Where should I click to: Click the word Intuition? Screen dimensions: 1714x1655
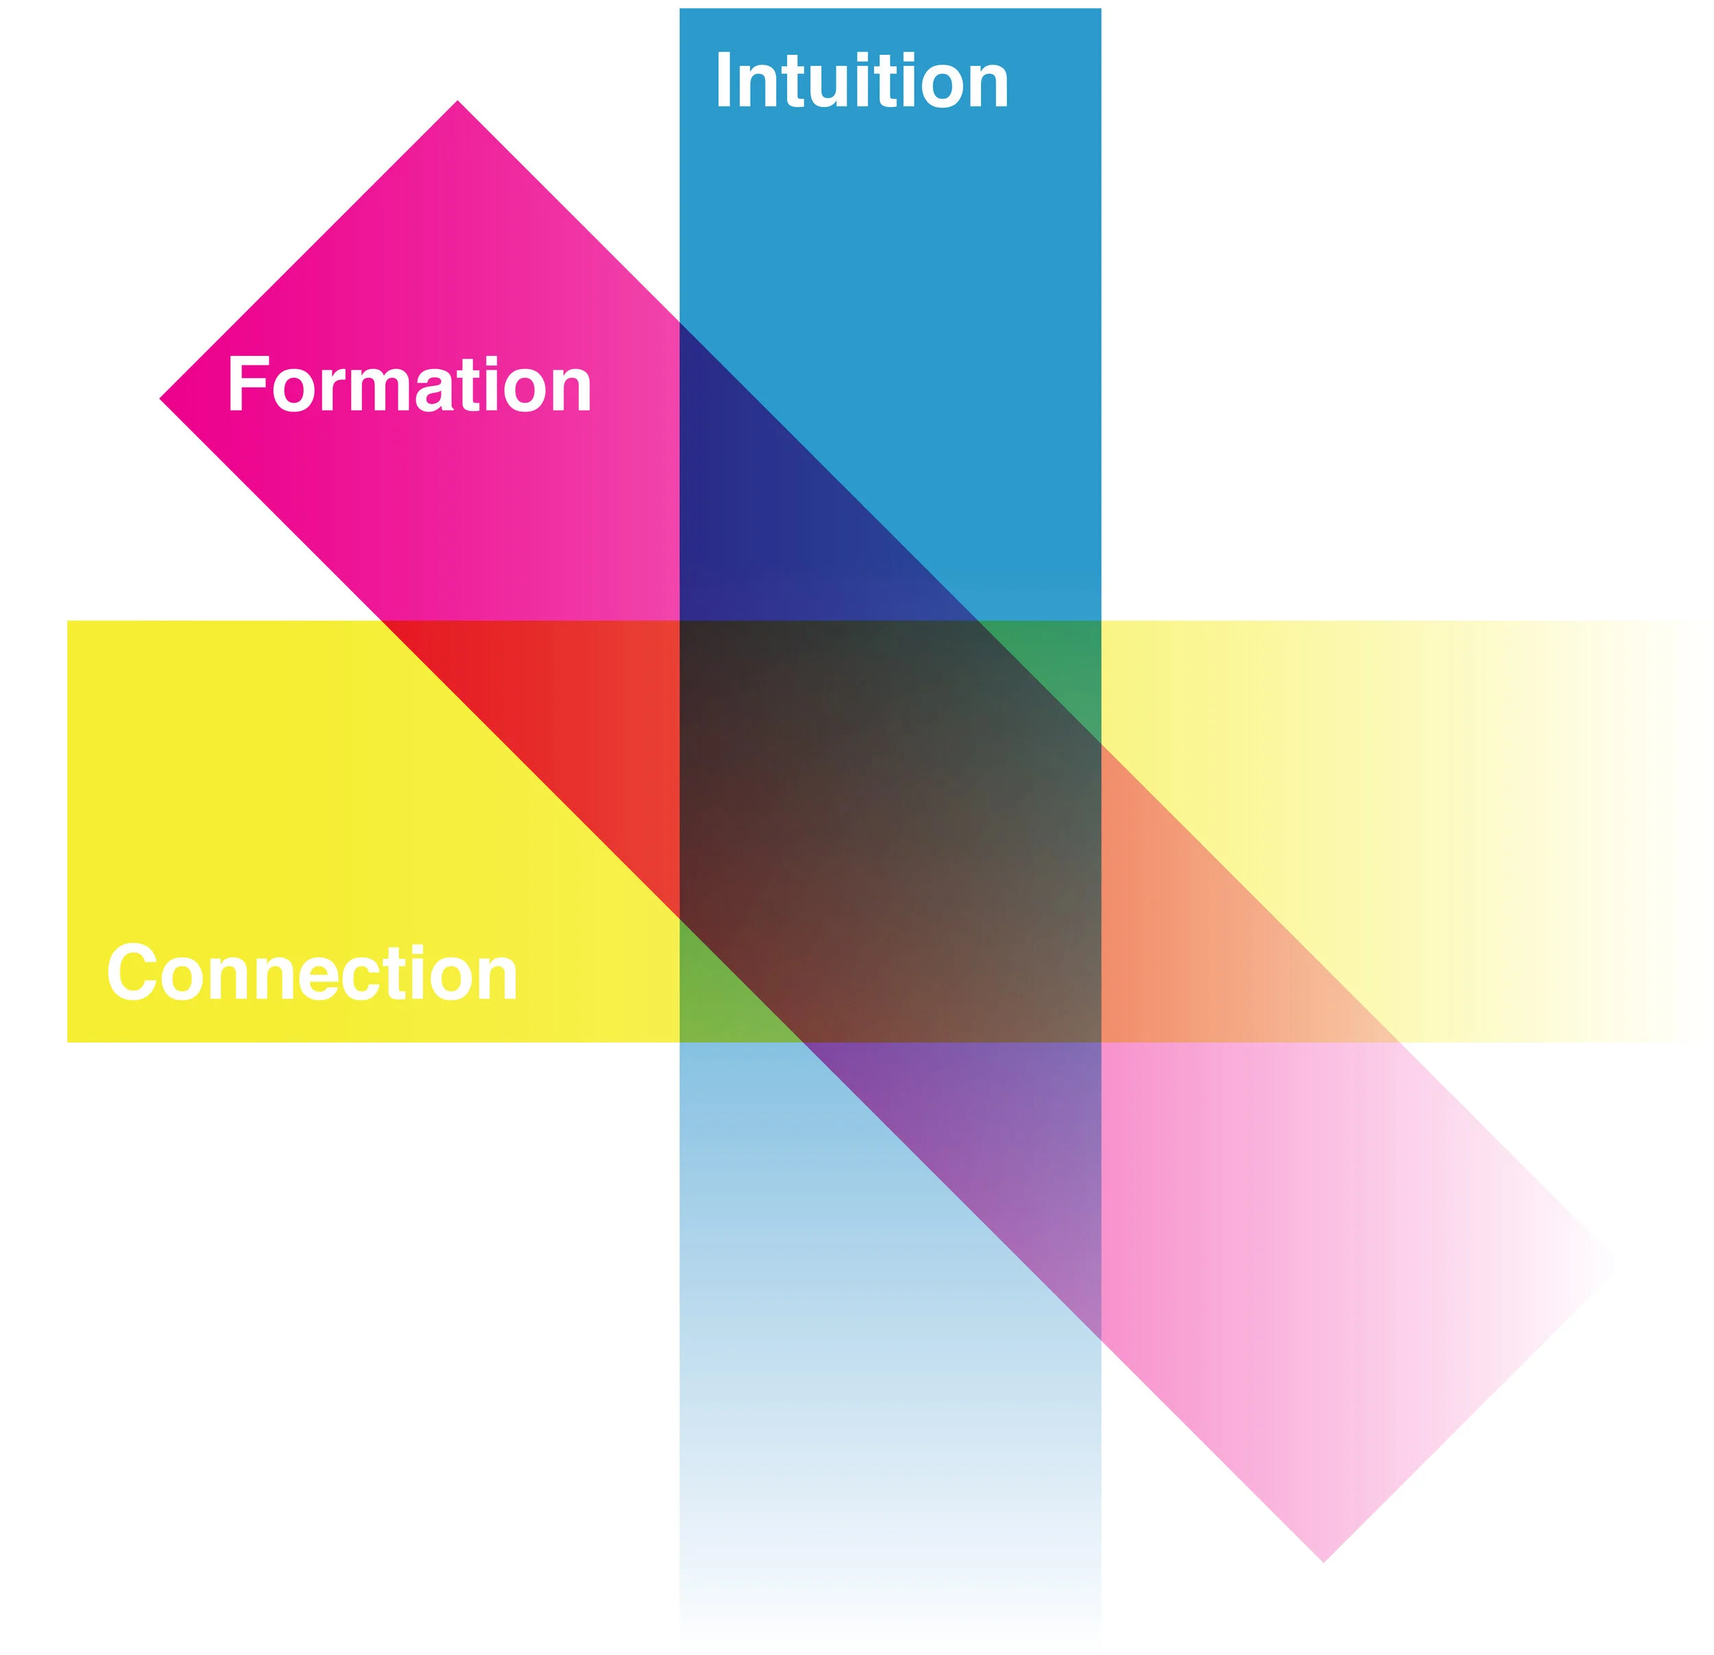point(861,82)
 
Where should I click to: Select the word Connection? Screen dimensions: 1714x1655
point(312,973)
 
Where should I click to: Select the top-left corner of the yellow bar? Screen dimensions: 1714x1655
point(70,623)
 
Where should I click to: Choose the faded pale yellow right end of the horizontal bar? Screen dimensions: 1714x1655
point(1530,787)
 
